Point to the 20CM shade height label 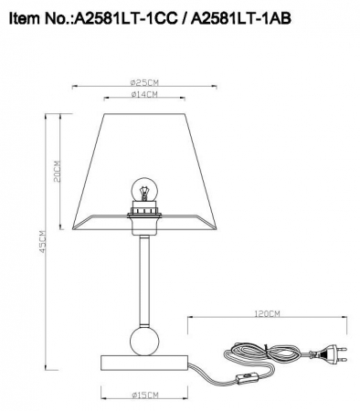coord(57,171)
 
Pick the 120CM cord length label coord(267,313)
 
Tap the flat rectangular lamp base coord(143,359)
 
